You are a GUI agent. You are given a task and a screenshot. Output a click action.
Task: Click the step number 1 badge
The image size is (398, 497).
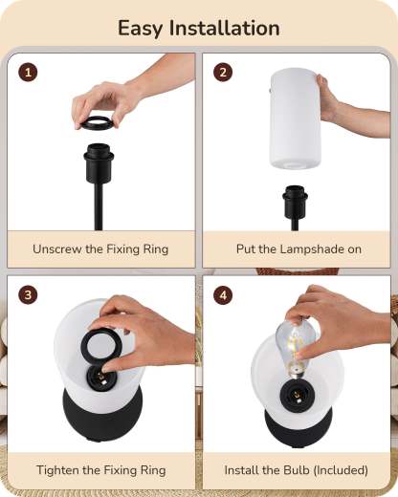pos(28,73)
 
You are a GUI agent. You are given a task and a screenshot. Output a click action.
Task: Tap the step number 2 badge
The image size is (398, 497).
pos(223,73)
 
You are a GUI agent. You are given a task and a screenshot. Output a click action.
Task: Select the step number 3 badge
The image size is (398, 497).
pos(28,294)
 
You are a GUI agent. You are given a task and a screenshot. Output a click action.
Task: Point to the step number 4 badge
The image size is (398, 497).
pos(223,294)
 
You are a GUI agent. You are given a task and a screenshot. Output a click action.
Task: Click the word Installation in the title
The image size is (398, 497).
pos(224,28)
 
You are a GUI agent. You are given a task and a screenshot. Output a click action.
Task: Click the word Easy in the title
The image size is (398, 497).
pos(140,29)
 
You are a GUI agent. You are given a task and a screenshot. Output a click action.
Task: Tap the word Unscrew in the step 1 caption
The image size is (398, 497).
pos(56,248)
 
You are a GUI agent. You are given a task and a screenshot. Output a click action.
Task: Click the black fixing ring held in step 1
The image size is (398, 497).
pos(97,123)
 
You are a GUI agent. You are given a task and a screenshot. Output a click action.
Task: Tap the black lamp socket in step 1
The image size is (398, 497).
pos(99,163)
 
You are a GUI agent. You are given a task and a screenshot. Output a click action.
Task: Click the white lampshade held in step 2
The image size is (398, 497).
pos(296,118)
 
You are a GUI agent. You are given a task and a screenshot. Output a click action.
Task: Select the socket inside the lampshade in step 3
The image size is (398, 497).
pos(100,378)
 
